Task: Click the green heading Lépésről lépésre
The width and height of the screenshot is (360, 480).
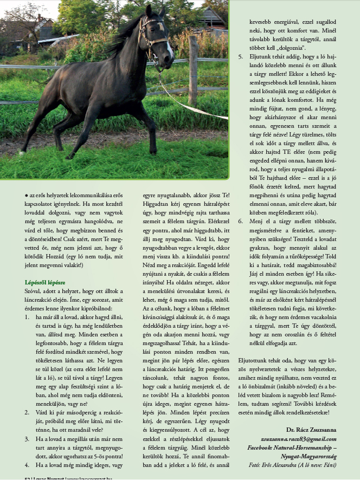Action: (x=45, y=282)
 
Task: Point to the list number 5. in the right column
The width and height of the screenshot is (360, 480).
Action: (x=241, y=56)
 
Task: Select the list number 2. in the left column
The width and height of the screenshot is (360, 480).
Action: (x=28, y=412)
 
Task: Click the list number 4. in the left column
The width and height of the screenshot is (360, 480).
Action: (x=28, y=464)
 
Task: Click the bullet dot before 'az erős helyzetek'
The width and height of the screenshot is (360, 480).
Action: (x=27, y=194)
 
